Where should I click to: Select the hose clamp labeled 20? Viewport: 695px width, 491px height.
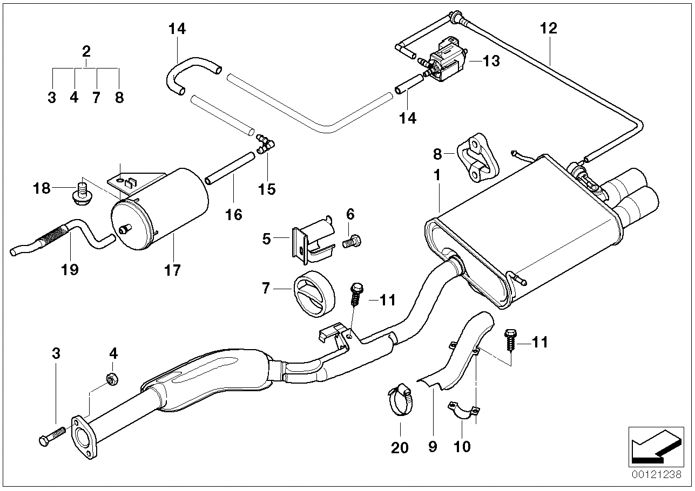click(x=400, y=400)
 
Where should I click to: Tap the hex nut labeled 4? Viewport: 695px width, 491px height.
click(x=112, y=379)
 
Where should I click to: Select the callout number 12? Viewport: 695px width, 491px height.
click(x=548, y=29)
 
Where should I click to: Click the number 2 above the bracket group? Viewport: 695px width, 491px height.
click(x=86, y=52)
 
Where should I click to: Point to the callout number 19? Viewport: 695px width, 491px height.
click(x=70, y=269)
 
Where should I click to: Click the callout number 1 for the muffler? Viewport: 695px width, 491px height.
click(x=437, y=175)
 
